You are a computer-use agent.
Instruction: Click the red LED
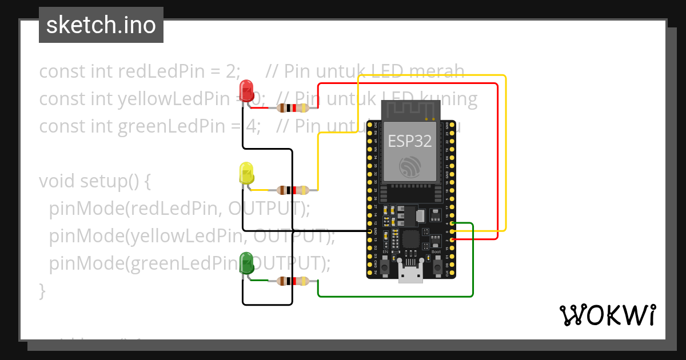click(246, 90)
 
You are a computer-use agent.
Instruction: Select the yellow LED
click(246, 173)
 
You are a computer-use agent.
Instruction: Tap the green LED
click(246, 263)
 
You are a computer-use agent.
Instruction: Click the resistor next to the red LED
click(293, 107)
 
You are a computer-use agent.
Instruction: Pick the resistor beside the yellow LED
click(293, 190)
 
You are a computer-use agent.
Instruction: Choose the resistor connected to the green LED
click(293, 281)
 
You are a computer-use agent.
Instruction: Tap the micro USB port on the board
click(411, 277)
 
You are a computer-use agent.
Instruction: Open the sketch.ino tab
click(101, 25)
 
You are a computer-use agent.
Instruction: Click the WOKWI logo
click(607, 315)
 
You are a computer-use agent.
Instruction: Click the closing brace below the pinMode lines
click(42, 290)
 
